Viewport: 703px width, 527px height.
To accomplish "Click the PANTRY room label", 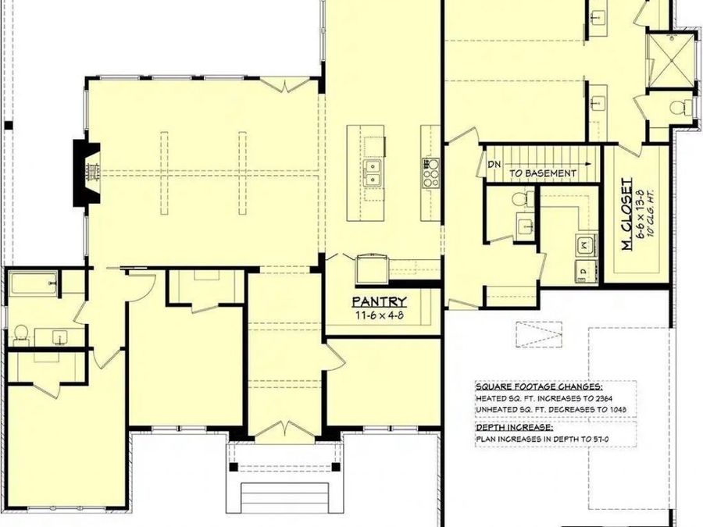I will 379,301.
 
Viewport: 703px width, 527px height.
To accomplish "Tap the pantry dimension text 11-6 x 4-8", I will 379,315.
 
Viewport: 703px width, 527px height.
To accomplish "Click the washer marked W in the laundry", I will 584,247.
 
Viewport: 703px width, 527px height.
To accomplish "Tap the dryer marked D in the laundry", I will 583,272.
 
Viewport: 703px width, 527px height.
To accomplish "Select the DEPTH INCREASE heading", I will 515,428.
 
